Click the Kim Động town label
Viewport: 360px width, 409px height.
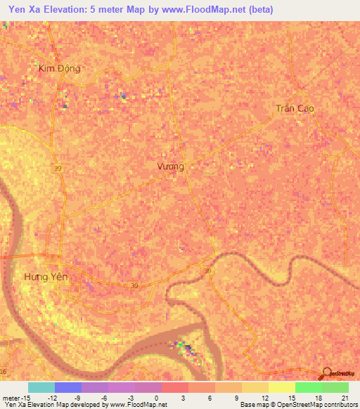point(60,68)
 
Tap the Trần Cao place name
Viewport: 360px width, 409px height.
point(295,108)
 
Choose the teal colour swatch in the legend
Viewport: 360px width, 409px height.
point(41,387)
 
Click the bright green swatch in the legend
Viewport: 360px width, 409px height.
point(308,387)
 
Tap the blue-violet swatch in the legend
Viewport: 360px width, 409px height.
point(67,387)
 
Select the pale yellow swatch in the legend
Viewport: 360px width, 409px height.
point(281,387)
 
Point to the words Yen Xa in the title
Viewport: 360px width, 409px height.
point(25,10)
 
